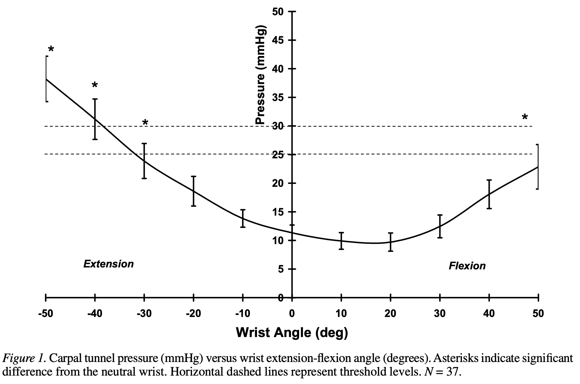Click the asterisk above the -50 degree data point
pyautogui.click(x=51, y=49)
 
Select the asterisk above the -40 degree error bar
pyautogui.click(x=95, y=85)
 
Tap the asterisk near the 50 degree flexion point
pyautogui.click(x=525, y=117)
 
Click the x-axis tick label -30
pyautogui.click(x=144, y=313)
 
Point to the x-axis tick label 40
pyautogui.click(x=489, y=313)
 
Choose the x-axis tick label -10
pyautogui.click(x=242, y=313)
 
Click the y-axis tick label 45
pyautogui.click(x=278, y=40)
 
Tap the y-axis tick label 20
pyautogui.click(x=278, y=183)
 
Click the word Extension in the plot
pyautogui.click(x=108, y=264)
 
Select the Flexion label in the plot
pyautogui.click(x=467, y=266)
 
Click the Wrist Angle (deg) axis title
pyautogui.click(x=292, y=332)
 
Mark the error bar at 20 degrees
pyautogui.click(x=391, y=242)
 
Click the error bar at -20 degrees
pyautogui.click(x=193, y=191)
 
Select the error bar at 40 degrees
pyautogui.click(x=489, y=194)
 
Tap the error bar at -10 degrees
pyautogui.click(x=243, y=219)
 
